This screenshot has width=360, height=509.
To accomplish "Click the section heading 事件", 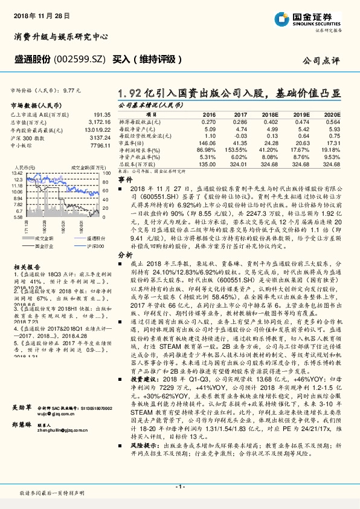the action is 124,180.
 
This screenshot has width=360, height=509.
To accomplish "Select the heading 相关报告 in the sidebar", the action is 26,266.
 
